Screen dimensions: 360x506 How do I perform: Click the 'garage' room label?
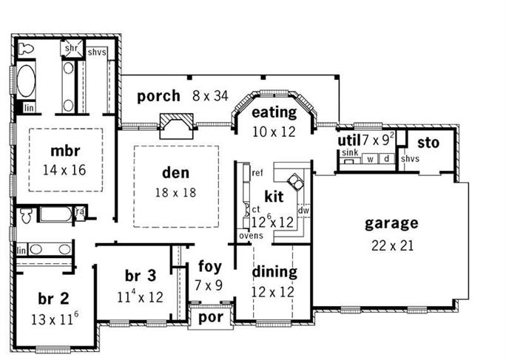coord(391,223)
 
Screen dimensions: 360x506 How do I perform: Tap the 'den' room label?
coord(175,174)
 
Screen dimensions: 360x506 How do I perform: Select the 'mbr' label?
coord(65,152)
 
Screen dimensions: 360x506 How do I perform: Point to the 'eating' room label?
coord(274,113)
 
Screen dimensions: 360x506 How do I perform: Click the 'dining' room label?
coord(274,272)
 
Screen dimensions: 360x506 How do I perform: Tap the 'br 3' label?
coord(140,276)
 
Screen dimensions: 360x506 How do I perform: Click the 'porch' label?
coord(158,95)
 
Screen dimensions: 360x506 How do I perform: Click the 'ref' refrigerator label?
coord(257,172)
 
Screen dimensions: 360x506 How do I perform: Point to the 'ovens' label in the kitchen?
coord(251,235)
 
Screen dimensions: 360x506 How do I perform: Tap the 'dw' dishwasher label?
coord(303,210)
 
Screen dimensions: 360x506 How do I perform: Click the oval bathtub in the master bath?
coord(26,81)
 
